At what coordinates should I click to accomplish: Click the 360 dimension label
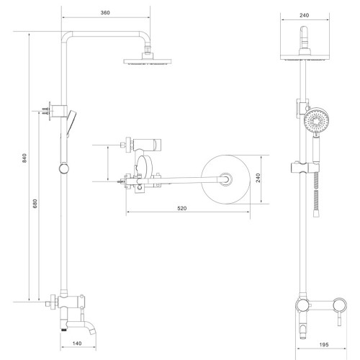click(x=105, y=12)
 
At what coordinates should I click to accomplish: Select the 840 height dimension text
click(x=24, y=158)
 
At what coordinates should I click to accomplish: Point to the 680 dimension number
click(x=35, y=204)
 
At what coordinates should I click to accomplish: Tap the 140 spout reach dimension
click(x=77, y=343)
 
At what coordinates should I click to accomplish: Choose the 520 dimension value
click(x=182, y=208)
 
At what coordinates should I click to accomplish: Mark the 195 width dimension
click(x=324, y=345)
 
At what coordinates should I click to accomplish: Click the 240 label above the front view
click(x=304, y=15)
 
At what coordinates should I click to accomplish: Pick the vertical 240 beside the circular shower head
click(x=258, y=178)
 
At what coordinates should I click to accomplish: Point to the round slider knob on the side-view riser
click(x=64, y=168)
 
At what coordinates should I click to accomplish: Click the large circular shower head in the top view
click(x=225, y=179)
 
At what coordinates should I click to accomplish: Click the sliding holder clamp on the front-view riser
click(x=305, y=168)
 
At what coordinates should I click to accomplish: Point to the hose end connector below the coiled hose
click(x=316, y=214)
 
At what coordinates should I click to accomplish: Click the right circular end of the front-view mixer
click(x=340, y=305)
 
